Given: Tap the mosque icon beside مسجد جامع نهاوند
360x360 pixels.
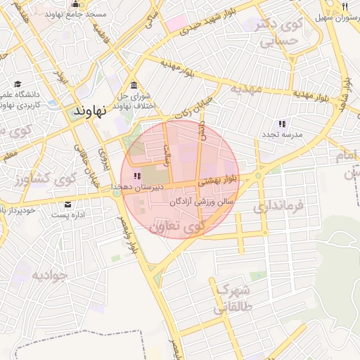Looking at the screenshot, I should [x=76, y=5].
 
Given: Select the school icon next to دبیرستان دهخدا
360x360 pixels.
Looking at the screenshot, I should [x=137, y=176].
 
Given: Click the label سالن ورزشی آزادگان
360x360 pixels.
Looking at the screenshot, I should [x=199, y=202].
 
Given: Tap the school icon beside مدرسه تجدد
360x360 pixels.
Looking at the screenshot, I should [x=282, y=124].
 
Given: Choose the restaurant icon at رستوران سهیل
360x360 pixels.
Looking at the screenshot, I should [x=345, y=6].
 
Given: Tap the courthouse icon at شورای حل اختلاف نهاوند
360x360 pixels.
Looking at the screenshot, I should [x=133, y=85].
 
